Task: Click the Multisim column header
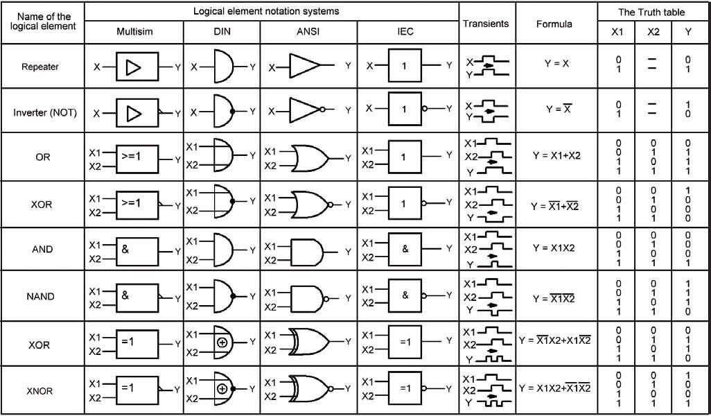coord(134,32)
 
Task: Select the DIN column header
coord(222,32)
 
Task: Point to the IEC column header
coord(407,32)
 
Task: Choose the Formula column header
coord(554,24)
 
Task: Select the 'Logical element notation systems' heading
coord(271,11)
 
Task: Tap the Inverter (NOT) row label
coord(42,112)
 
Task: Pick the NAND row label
coord(42,297)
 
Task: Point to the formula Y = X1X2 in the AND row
coord(554,248)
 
